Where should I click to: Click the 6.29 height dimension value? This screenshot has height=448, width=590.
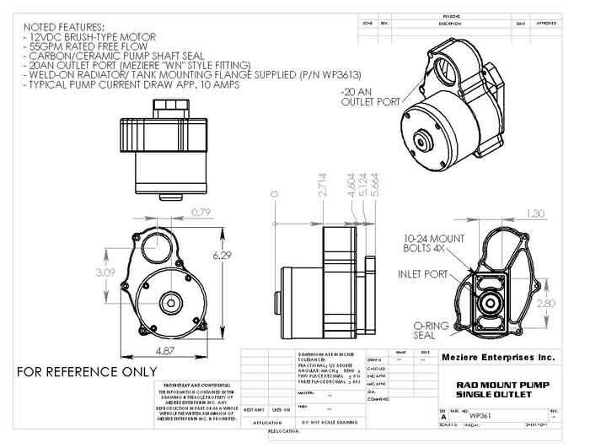click(x=224, y=255)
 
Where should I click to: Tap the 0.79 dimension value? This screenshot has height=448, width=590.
click(x=200, y=213)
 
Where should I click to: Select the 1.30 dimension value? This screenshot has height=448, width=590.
click(x=534, y=213)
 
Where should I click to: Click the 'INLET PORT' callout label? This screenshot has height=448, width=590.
click(x=422, y=274)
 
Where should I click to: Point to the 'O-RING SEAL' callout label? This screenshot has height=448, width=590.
click(x=431, y=330)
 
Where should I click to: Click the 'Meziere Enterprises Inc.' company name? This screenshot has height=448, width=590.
click(x=498, y=358)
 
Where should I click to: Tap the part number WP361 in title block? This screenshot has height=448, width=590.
click(x=480, y=417)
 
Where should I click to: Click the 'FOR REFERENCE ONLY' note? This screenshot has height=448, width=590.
click(x=87, y=371)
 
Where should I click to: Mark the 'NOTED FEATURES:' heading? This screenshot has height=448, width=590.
click(x=65, y=27)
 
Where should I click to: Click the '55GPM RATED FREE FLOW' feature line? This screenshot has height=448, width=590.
click(x=97, y=47)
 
